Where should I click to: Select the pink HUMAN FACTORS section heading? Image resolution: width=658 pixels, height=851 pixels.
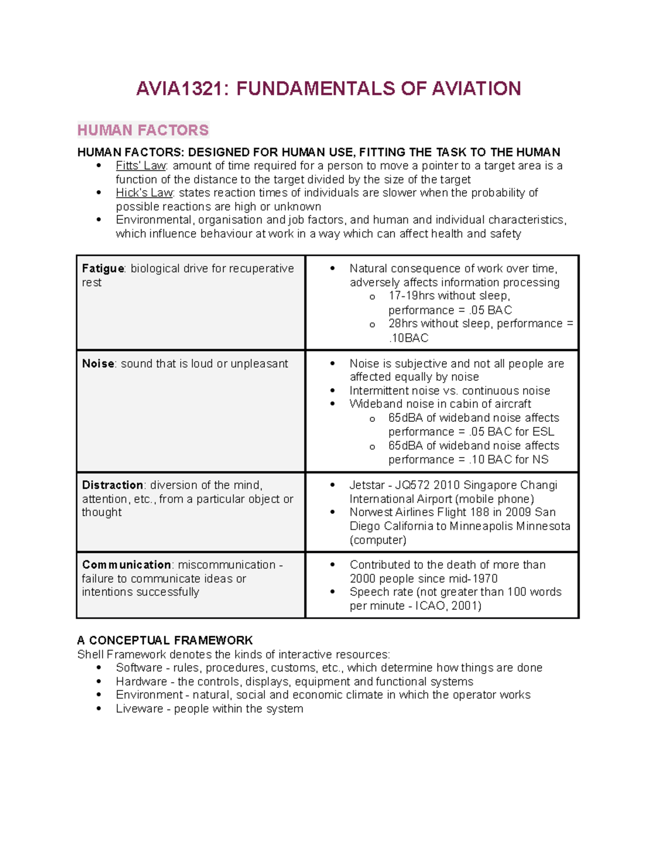click(x=143, y=130)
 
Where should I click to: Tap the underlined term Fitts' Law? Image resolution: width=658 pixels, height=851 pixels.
click(x=141, y=166)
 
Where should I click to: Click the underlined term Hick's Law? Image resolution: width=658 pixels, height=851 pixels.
click(x=144, y=193)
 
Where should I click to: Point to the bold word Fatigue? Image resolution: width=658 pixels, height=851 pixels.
click(x=103, y=269)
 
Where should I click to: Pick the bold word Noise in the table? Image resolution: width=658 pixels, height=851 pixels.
click(x=98, y=364)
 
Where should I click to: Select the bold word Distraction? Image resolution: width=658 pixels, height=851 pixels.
click(x=112, y=486)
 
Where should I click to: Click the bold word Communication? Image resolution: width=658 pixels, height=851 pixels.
click(x=127, y=565)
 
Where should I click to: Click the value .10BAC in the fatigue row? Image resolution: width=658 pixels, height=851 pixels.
click(x=409, y=338)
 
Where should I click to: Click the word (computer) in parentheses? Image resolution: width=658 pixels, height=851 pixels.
click(x=378, y=540)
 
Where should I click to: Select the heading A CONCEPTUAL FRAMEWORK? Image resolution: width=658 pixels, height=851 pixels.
click(x=165, y=641)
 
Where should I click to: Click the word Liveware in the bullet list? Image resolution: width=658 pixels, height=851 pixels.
click(x=139, y=709)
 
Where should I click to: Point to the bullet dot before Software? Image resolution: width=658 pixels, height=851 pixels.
click(x=99, y=667)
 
